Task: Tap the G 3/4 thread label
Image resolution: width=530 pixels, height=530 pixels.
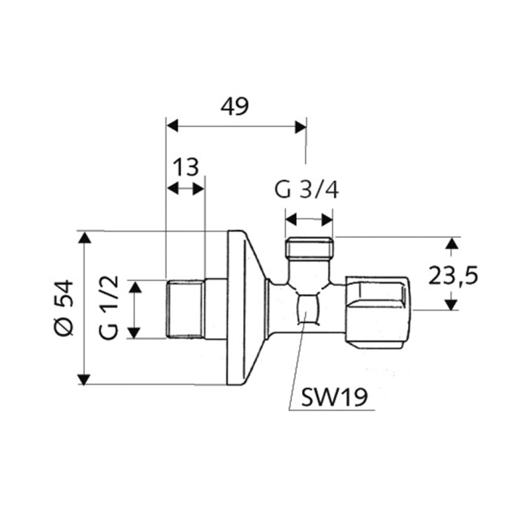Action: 307,190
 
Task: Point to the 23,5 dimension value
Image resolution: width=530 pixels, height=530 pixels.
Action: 452,274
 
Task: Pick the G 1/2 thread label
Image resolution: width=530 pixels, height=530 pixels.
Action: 111,309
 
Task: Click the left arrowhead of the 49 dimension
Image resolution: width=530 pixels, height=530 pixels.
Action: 172,125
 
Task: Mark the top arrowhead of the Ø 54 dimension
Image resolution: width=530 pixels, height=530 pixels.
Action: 84,237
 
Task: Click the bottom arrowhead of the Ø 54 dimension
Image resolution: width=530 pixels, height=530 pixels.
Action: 84,378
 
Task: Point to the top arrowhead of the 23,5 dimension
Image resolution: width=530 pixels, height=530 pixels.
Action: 451,243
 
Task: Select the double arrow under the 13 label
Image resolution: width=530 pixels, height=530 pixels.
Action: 185,189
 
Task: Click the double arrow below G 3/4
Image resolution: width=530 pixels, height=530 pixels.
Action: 309,218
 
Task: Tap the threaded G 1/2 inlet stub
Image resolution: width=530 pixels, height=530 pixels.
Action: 184,309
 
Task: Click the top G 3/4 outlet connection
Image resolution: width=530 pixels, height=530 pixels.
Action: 309,250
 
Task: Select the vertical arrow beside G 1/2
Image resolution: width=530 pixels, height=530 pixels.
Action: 135,309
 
